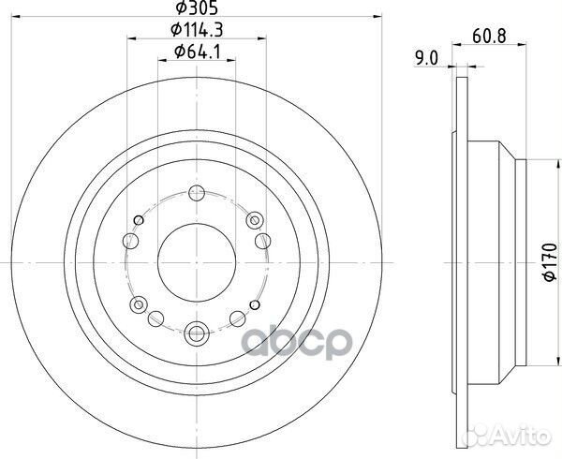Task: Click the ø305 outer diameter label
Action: click(196, 8)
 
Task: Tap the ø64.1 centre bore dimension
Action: click(196, 52)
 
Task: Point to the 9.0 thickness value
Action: click(428, 58)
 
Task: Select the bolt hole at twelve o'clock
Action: click(196, 194)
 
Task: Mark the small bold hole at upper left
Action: click(139, 220)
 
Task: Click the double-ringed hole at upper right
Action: click(254, 219)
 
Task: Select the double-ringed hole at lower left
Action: click(139, 304)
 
